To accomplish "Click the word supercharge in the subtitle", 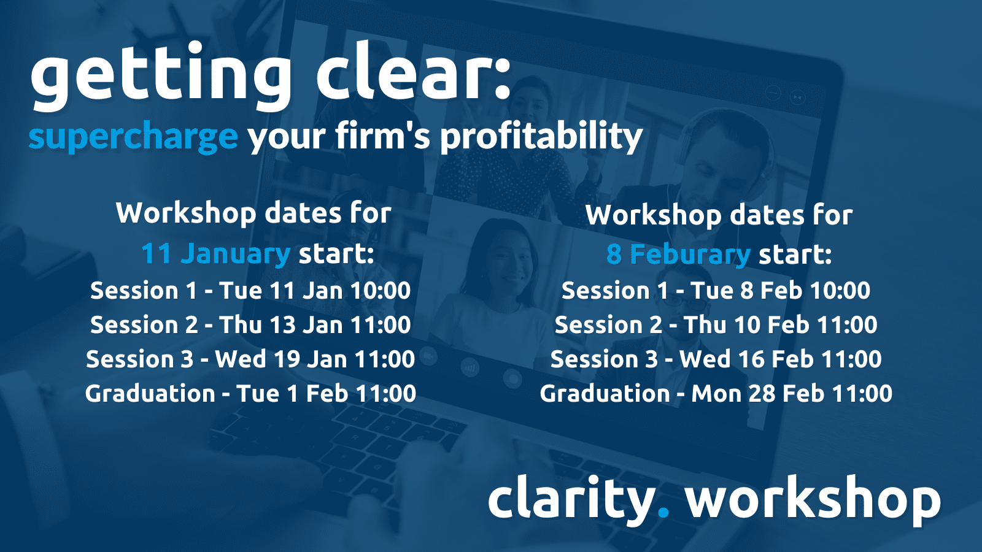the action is click(133, 137).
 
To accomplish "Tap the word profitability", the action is click(541, 136).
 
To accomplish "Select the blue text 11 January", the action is click(215, 254).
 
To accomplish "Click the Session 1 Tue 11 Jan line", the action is click(250, 291).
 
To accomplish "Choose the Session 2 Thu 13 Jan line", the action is click(250, 324).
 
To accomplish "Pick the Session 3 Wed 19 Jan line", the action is click(250, 359).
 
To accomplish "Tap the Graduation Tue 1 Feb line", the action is click(250, 393).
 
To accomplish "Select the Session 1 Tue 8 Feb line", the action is click(716, 291).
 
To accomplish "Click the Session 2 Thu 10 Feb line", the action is click(716, 324).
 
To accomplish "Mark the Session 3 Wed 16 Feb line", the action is click(716, 359).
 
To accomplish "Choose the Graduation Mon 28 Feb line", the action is click(716, 393).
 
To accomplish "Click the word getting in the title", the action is click(161, 74).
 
